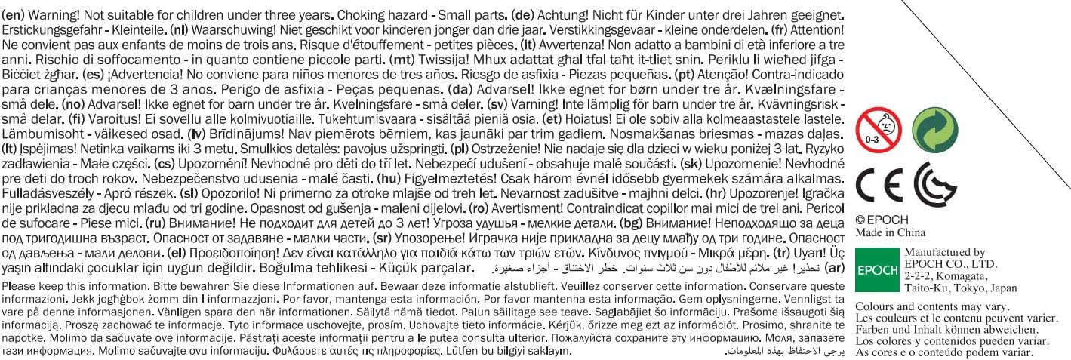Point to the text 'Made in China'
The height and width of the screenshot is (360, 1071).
890,232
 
